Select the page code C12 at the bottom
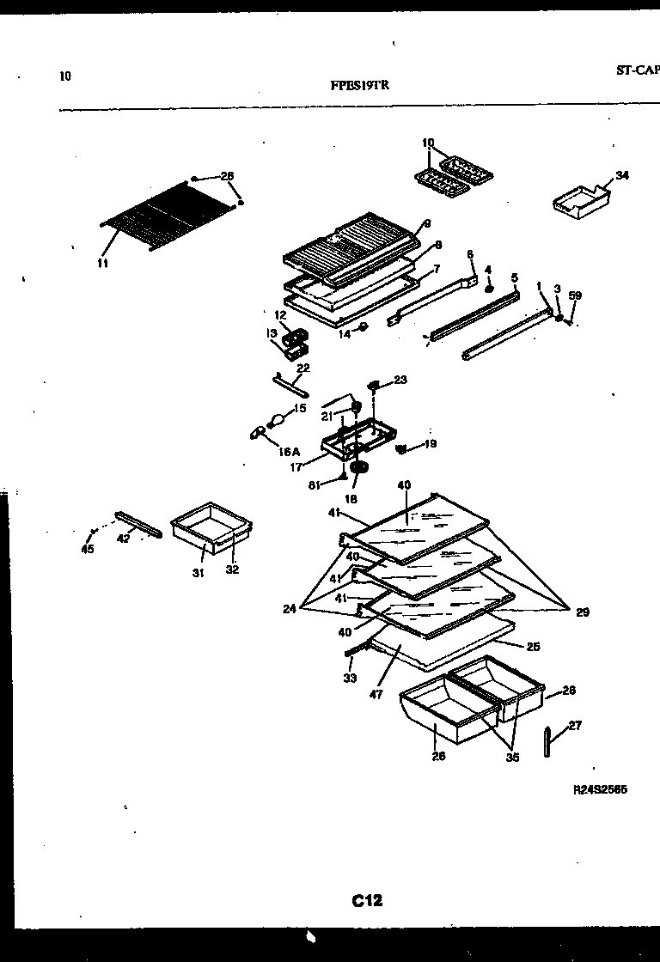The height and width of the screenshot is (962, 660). (367, 900)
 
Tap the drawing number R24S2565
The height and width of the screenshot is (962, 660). (599, 790)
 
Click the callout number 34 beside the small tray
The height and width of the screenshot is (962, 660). (622, 175)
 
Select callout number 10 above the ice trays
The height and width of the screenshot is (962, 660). (428, 143)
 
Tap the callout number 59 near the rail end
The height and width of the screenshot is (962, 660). (575, 295)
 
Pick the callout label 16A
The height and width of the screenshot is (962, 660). (289, 450)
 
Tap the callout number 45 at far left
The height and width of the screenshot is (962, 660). (87, 550)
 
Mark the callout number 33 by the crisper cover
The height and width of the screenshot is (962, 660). (349, 678)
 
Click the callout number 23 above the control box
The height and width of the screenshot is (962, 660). (400, 380)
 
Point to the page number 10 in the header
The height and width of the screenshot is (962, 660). (65, 76)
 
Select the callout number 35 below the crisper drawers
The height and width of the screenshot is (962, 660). (513, 758)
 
